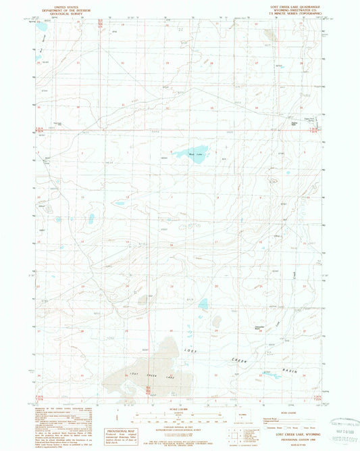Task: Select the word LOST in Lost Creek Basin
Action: point(191,350)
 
